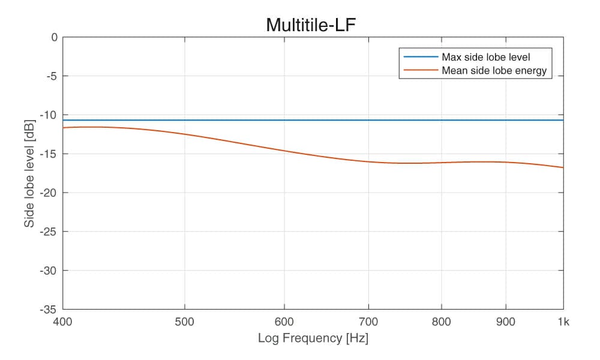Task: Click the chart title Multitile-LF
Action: (313, 25)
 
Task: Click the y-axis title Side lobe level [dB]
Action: (29, 173)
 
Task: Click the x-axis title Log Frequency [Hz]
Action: (313, 338)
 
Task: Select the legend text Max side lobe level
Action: (486, 58)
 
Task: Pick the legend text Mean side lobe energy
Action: (494, 71)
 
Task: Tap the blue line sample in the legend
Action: (421, 58)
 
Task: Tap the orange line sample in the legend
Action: (421, 71)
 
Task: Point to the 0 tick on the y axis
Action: (54, 37)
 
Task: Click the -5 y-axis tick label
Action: (52, 76)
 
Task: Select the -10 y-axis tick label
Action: (50, 115)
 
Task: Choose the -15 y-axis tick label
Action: (50, 154)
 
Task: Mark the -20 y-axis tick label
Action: (50, 193)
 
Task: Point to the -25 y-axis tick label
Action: (50, 232)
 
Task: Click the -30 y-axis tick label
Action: (50, 271)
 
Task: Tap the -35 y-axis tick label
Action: (50, 310)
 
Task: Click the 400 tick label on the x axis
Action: (62, 322)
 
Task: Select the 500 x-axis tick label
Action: (184, 322)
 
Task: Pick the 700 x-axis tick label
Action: (368, 322)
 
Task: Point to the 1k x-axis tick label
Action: (563, 322)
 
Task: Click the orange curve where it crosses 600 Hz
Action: (284, 151)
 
